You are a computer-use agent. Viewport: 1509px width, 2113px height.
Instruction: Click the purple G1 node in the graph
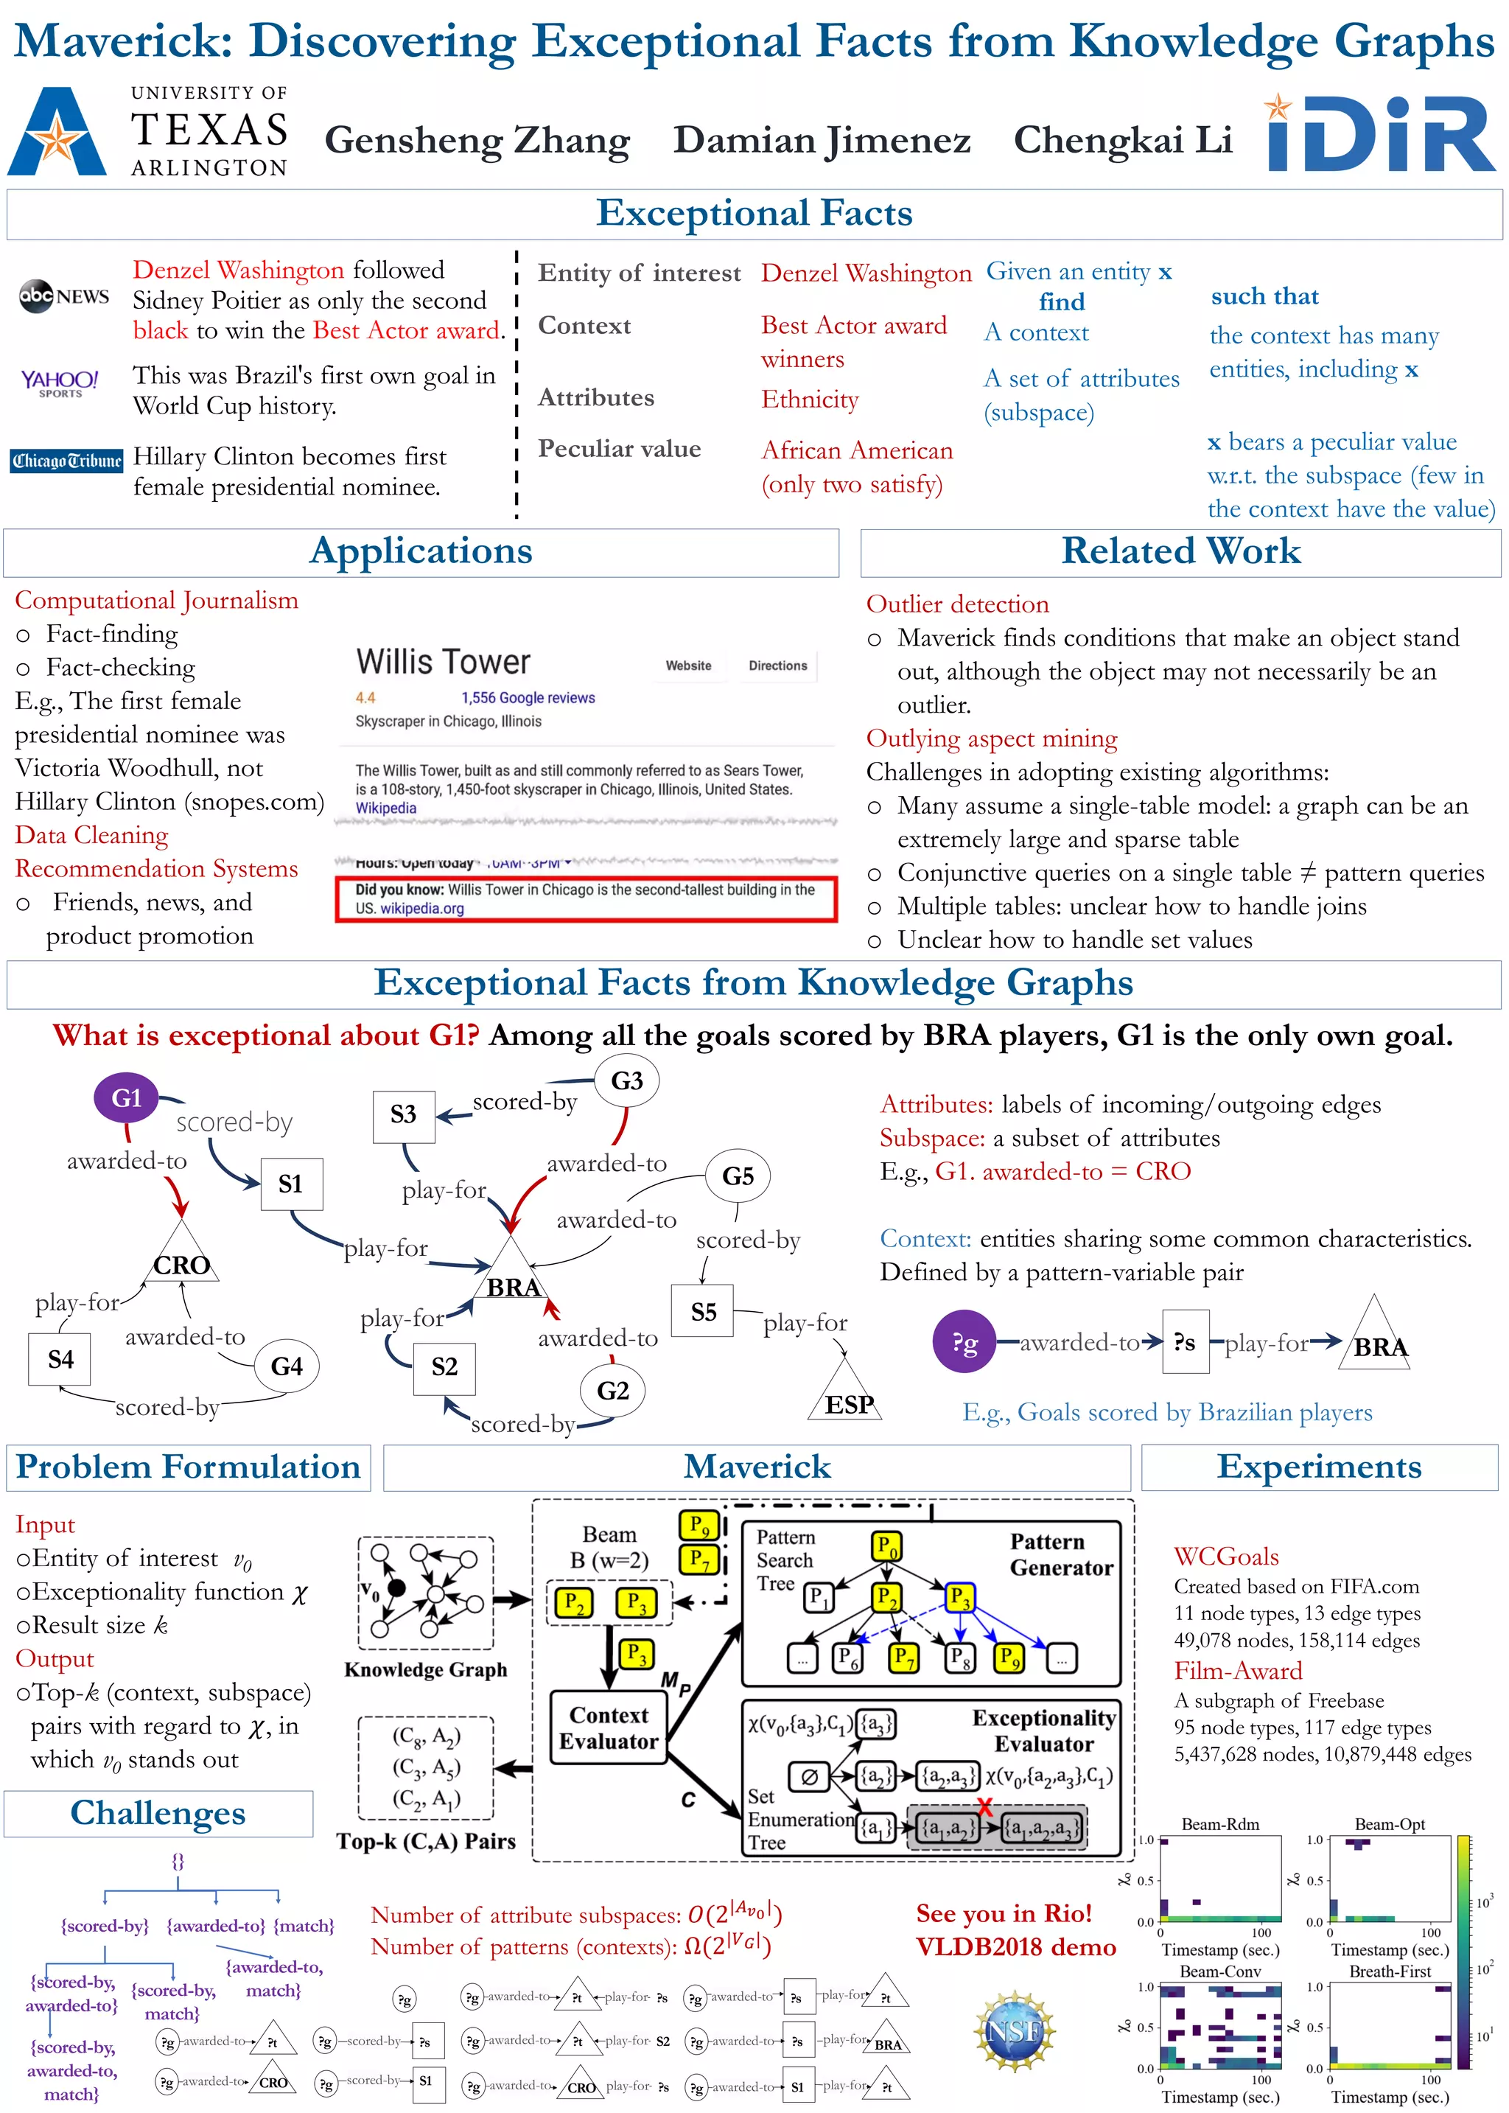pyautogui.click(x=127, y=1097)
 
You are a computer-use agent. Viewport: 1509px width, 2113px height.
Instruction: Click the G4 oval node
pyautogui.click(x=286, y=1365)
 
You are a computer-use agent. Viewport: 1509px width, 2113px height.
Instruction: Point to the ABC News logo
pyautogui.click(x=64, y=296)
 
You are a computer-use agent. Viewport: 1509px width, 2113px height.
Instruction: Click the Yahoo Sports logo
pyautogui.click(x=60, y=382)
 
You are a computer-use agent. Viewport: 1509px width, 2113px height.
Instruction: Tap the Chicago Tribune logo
pyautogui.click(x=67, y=461)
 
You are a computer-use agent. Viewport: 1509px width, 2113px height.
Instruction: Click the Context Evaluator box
pyautogui.click(x=609, y=1728)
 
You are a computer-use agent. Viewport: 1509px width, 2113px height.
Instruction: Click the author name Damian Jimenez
pyautogui.click(x=822, y=140)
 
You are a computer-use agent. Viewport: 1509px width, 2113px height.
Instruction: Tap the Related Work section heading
pyautogui.click(x=1180, y=551)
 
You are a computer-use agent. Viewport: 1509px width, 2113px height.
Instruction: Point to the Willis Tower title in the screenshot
pyautogui.click(x=444, y=662)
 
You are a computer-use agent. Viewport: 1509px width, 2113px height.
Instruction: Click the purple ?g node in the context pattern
pyautogui.click(x=964, y=1342)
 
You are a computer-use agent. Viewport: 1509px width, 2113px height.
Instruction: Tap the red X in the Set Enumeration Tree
pyautogui.click(x=985, y=1806)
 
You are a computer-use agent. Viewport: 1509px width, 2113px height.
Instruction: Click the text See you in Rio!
pyautogui.click(x=1004, y=1913)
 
